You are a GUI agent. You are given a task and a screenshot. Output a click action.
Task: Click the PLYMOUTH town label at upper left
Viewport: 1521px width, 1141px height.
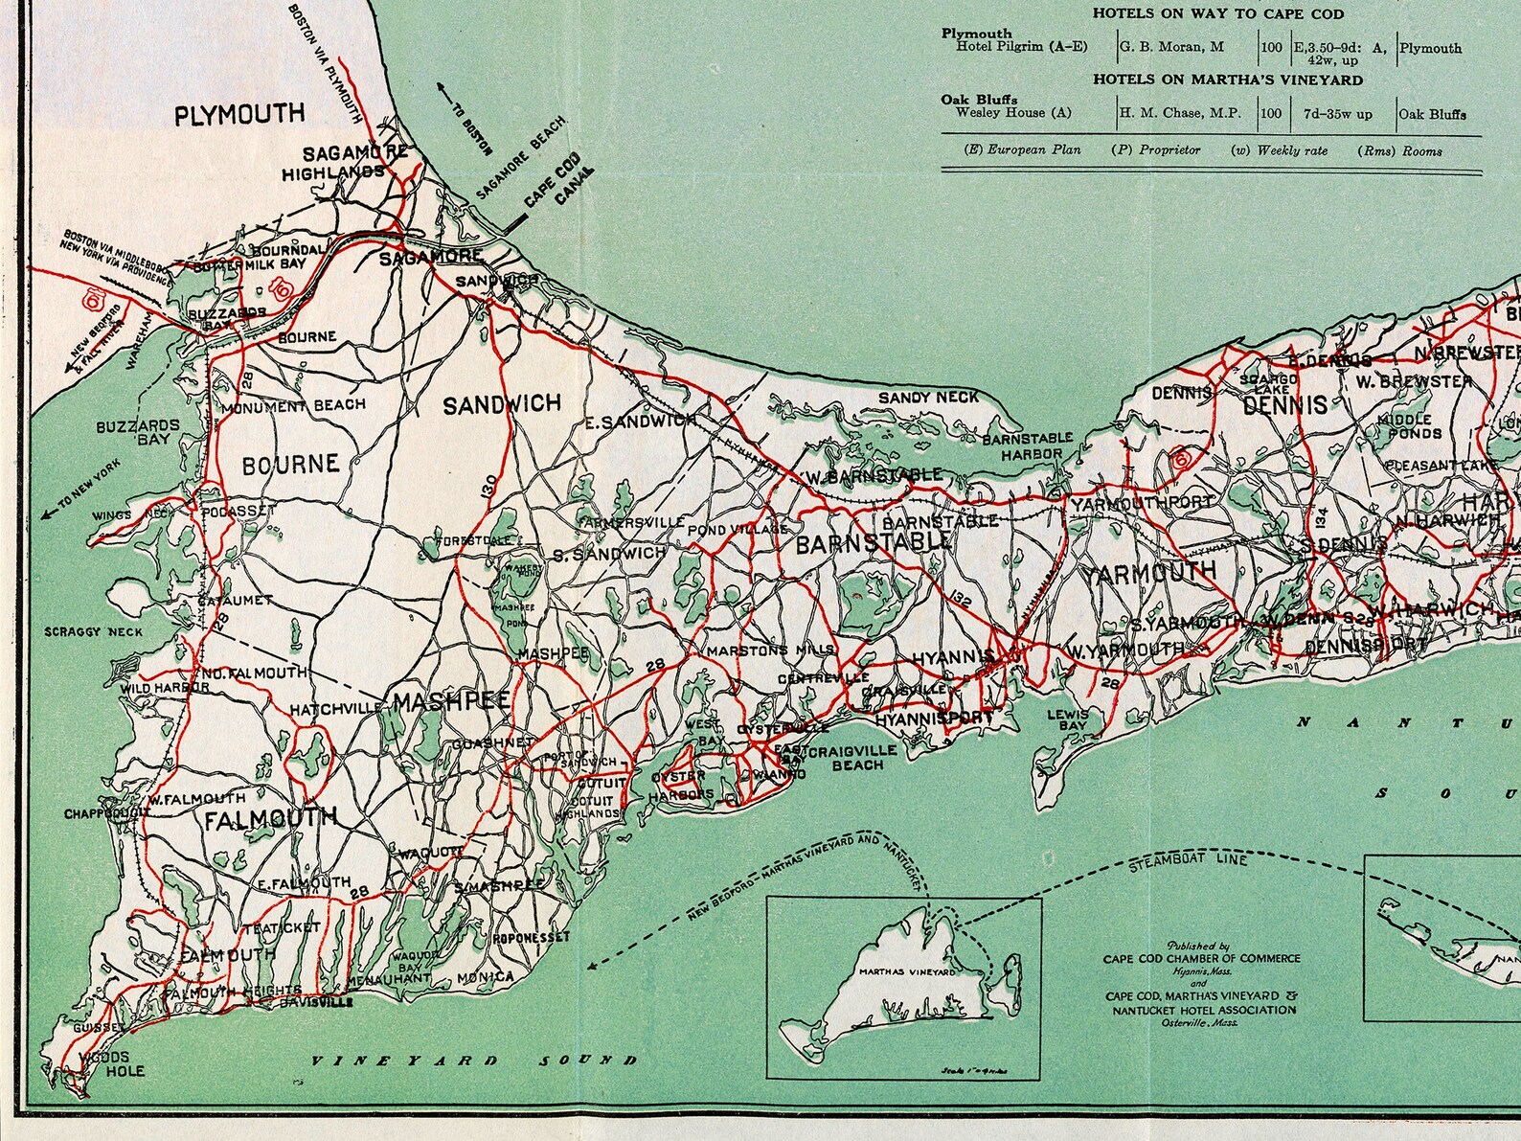[239, 115]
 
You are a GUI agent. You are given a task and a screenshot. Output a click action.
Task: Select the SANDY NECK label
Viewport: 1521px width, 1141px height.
[928, 397]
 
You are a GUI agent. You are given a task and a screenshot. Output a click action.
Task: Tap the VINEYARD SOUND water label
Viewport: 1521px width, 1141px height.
[475, 1061]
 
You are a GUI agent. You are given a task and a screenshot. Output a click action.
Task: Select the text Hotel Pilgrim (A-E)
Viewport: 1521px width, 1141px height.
[1008, 46]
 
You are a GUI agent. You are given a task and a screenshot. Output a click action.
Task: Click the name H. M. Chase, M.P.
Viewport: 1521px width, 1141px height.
[1180, 113]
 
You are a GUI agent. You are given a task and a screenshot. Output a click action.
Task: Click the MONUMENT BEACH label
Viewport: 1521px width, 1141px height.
[293, 406]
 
